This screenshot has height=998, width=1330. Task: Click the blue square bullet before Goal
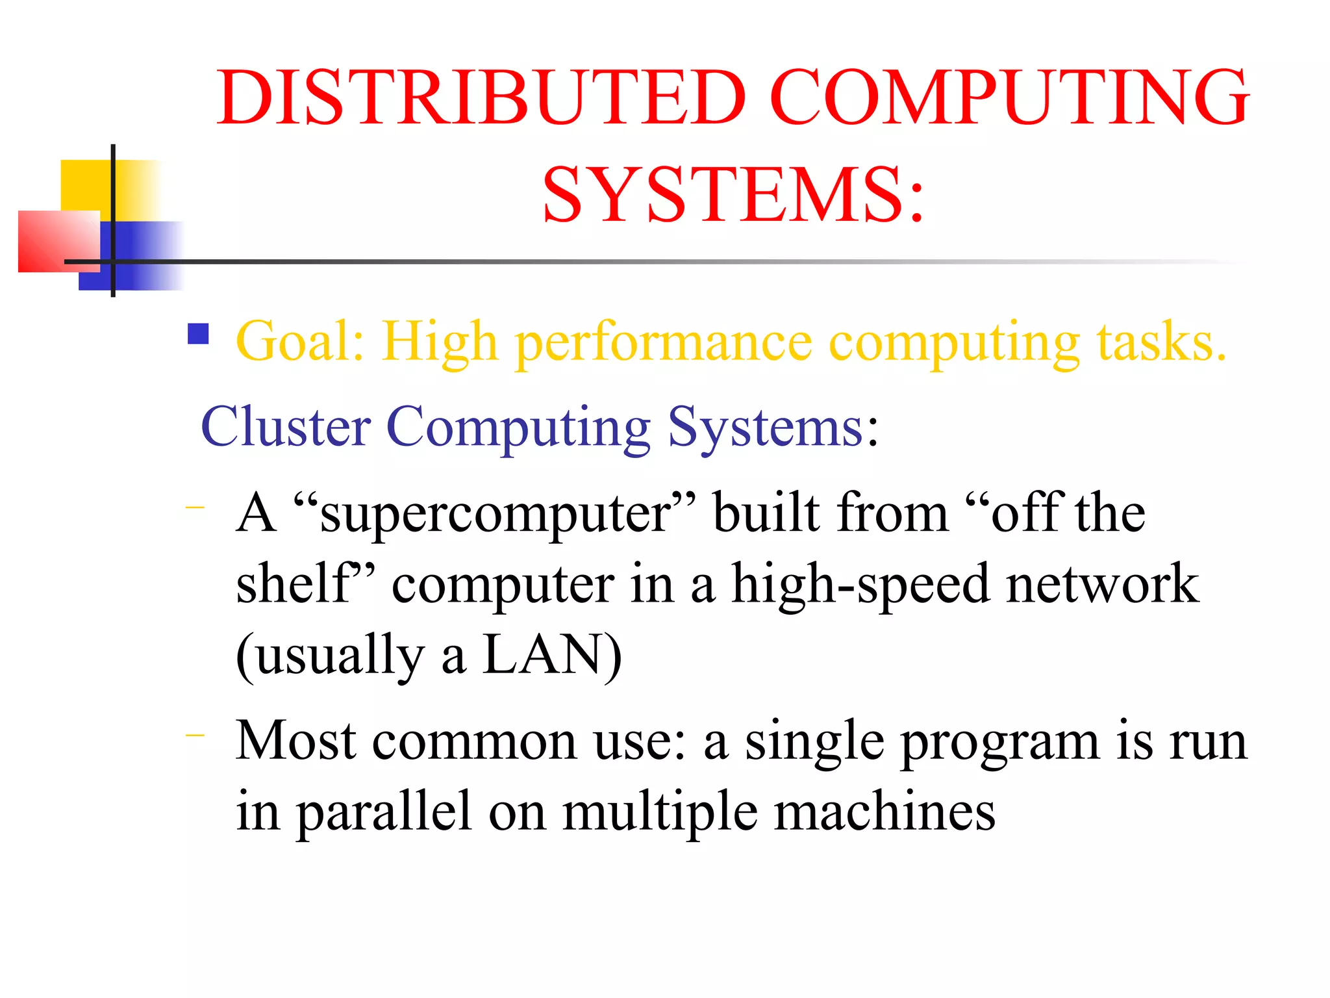point(198,334)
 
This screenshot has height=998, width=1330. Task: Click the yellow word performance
point(663,342)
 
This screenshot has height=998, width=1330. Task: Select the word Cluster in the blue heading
point(286,427)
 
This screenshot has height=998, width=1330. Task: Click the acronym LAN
point(543,655)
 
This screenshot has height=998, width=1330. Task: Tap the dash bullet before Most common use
point(195,736)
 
